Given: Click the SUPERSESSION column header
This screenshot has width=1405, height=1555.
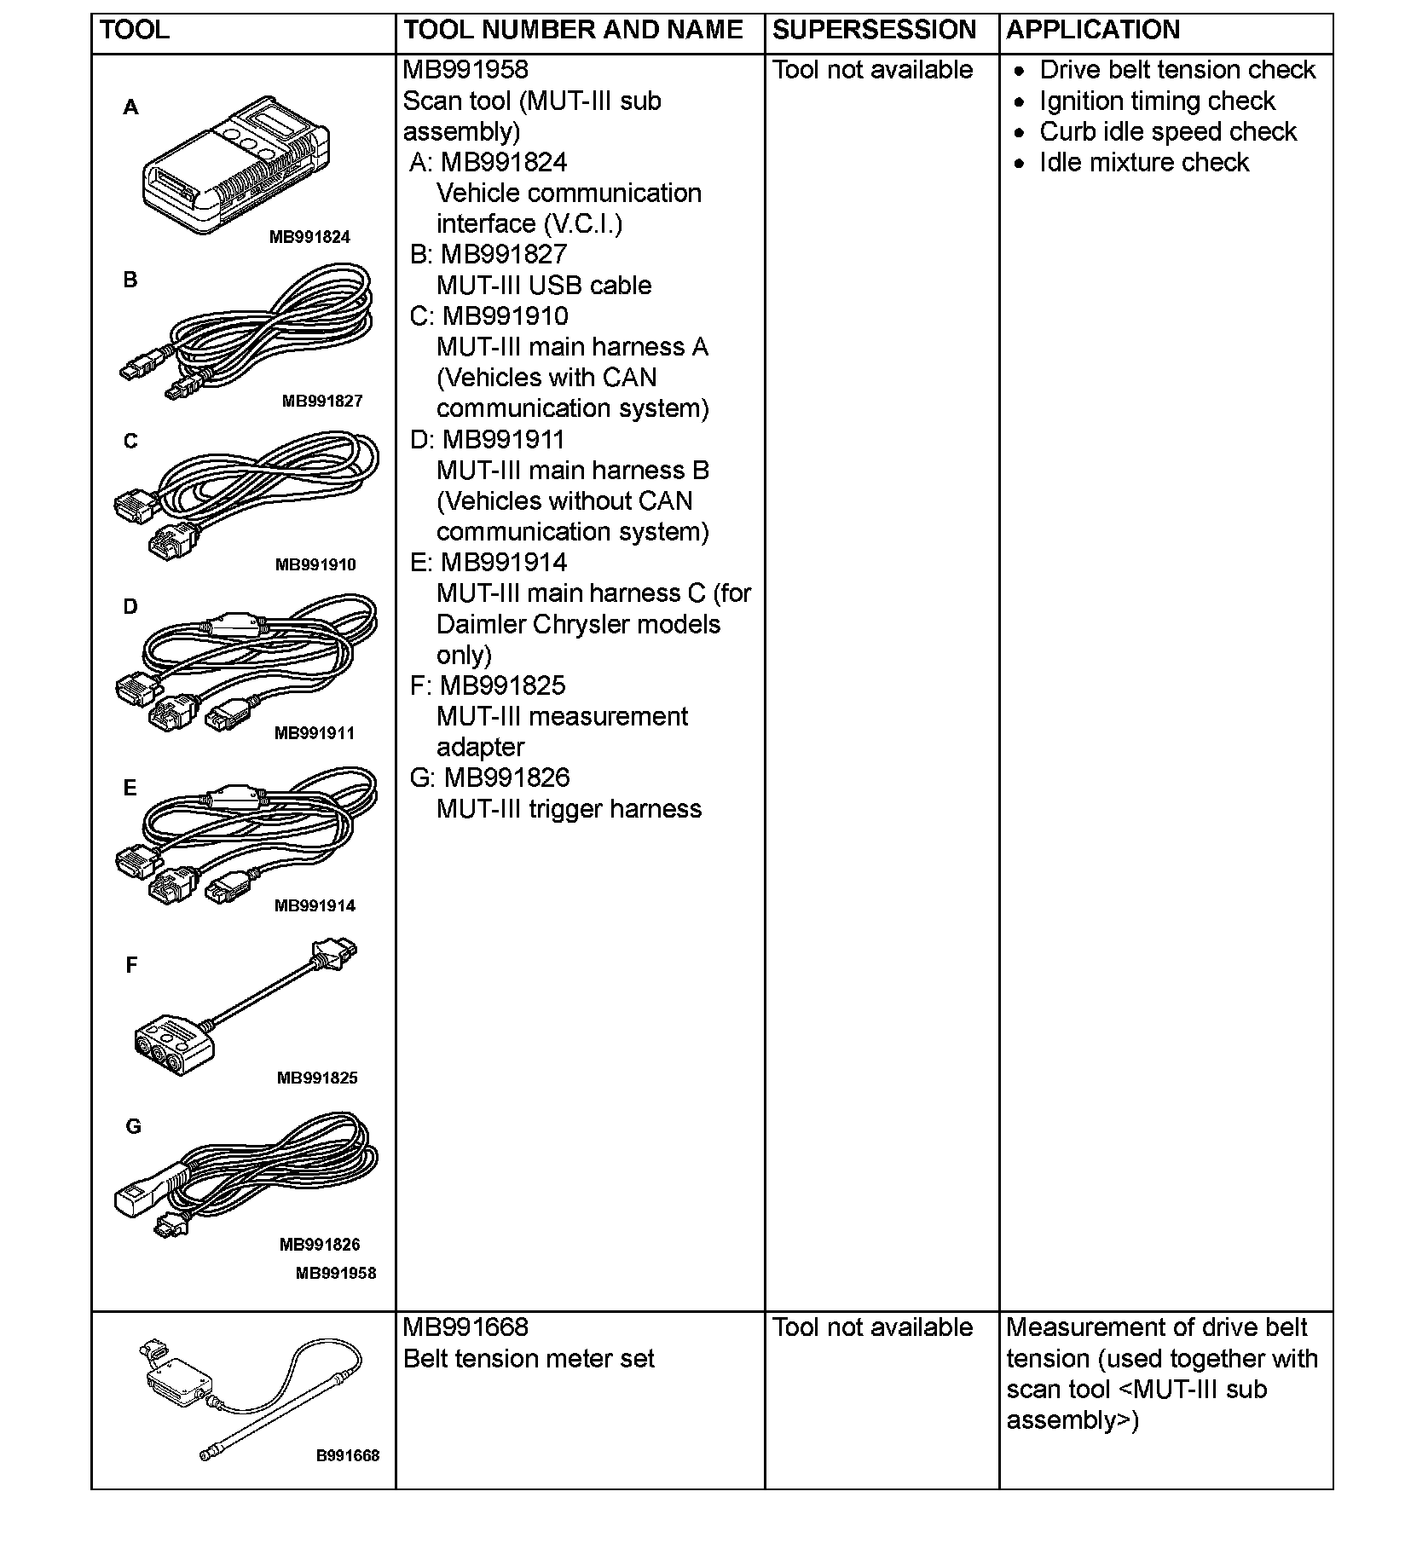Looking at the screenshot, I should pos(874,30).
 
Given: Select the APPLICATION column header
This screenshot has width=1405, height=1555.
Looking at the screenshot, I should pos(1093,30).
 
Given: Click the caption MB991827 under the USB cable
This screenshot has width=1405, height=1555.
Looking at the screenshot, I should pos(322,401).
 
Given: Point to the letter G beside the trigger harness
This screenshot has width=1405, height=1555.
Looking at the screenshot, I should pos(133,1126).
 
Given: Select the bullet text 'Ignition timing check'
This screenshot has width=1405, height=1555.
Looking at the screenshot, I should pos(1157,101).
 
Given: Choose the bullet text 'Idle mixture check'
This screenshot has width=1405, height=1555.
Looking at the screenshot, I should pos(1144,162).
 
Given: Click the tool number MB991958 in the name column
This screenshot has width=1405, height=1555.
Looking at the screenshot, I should pos(465,70).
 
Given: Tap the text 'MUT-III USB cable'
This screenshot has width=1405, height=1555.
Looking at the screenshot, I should pos(544,285).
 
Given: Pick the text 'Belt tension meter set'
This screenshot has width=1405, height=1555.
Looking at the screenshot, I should pos(529,1358).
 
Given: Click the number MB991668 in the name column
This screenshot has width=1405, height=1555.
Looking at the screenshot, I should pos(465,1327).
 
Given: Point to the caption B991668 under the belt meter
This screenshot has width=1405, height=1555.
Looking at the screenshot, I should pos(348,1455).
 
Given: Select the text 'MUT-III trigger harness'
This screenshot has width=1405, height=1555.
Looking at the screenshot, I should pos(569,808).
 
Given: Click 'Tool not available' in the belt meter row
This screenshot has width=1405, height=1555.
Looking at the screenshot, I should pos(872,1327).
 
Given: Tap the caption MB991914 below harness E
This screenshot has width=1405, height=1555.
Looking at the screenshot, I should pos(315,905).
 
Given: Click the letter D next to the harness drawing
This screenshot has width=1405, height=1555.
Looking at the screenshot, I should pos(130,606).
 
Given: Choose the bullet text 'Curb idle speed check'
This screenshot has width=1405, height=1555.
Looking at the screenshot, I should pos(1168,131).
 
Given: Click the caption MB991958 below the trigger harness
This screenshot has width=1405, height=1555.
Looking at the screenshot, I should pos(336,1273).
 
